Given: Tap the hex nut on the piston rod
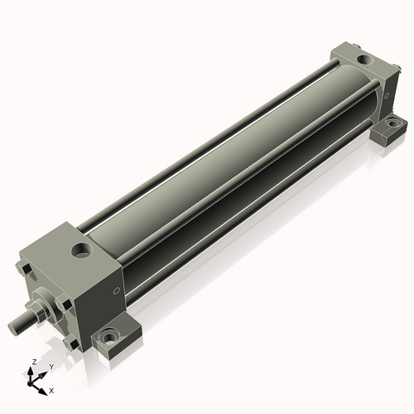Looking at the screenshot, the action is (x=35, y=310).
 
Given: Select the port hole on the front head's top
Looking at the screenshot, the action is (x=82, y=249).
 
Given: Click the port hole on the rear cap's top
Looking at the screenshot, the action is (x=365, y=59).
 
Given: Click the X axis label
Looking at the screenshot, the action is (x=51, y=391).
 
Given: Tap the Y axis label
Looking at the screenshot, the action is (x=51, y=367).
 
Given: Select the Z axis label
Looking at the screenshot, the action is (x=34, y=362).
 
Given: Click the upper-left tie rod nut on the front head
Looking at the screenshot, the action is (x=24, y=269).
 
